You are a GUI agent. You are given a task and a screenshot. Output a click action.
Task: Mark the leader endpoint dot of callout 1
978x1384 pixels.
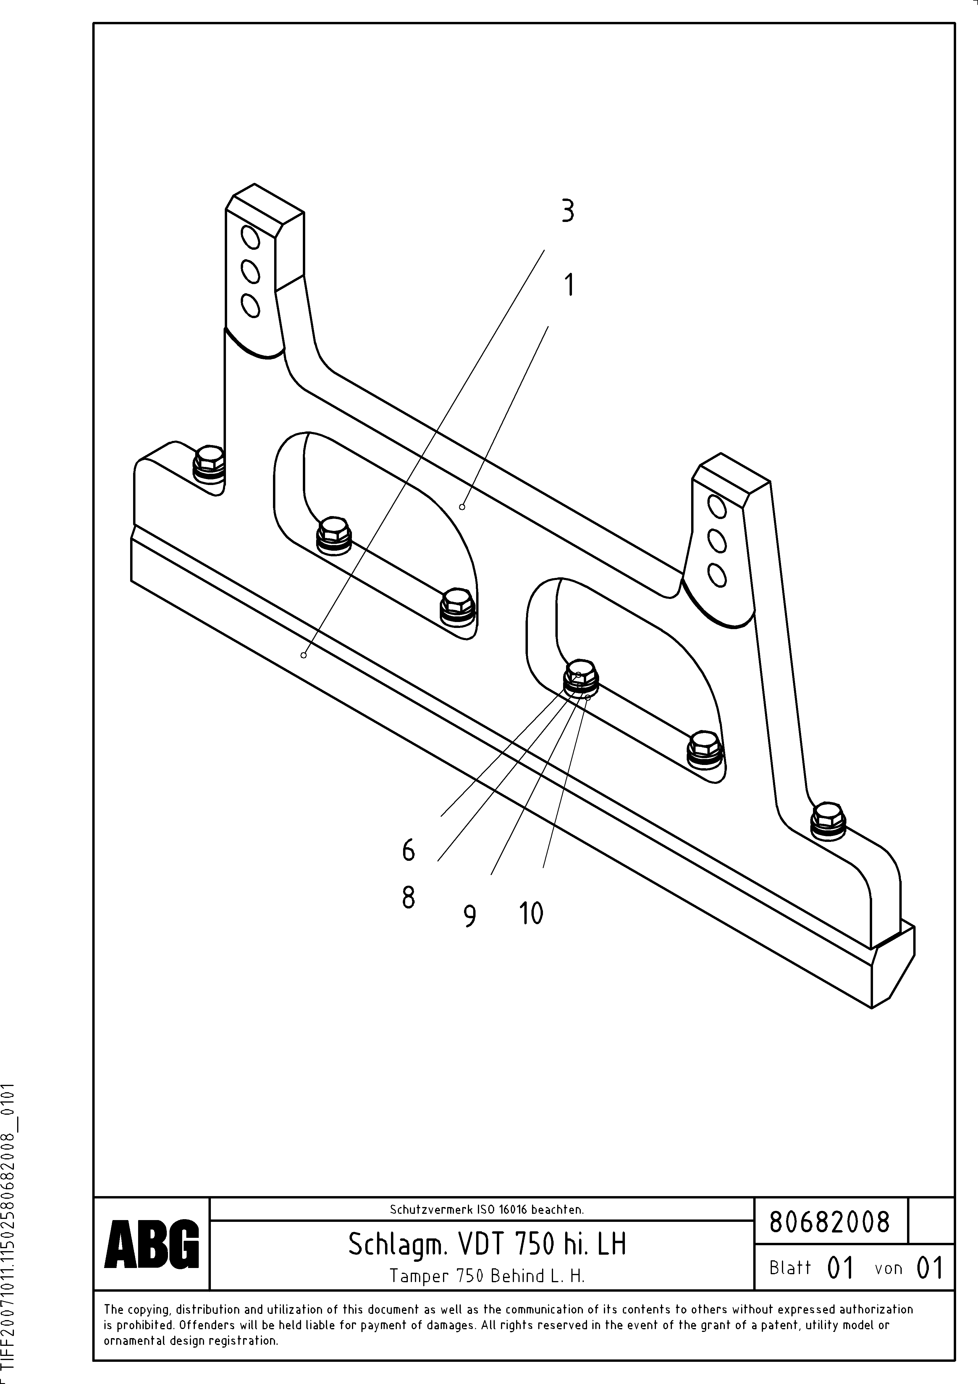pos(462,507)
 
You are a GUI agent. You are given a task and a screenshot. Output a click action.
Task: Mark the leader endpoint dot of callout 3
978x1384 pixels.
pos(304,655)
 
